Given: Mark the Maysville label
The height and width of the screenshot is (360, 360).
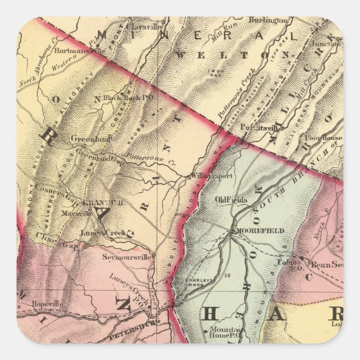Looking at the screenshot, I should pos(78,214).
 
